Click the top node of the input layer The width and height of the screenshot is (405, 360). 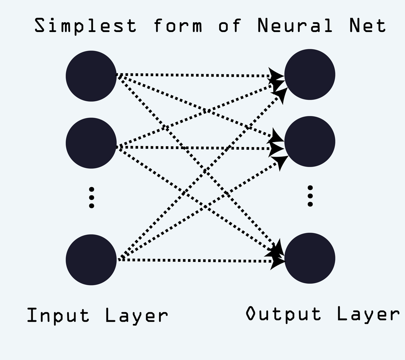point(91,76)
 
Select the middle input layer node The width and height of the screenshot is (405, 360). point(91,143)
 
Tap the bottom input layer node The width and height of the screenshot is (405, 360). point(91,259)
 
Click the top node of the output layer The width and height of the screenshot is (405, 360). point(309,75)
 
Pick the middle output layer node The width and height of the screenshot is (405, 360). point(309,142)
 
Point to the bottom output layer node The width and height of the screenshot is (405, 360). point(309,258)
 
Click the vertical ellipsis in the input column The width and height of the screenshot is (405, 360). point(91,198)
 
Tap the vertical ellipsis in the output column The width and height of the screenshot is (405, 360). point(310,196)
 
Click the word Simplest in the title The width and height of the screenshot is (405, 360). point(85,26)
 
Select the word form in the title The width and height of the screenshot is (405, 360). point(178,26)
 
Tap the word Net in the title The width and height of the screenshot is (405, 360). point(367,26)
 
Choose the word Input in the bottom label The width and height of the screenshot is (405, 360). point(58,315)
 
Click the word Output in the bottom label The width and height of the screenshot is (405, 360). point(283,314)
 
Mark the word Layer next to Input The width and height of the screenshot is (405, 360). point(137,315)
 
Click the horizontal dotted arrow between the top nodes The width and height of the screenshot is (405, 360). point(193,75)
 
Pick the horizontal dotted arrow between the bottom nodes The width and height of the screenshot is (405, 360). point(193,261)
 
